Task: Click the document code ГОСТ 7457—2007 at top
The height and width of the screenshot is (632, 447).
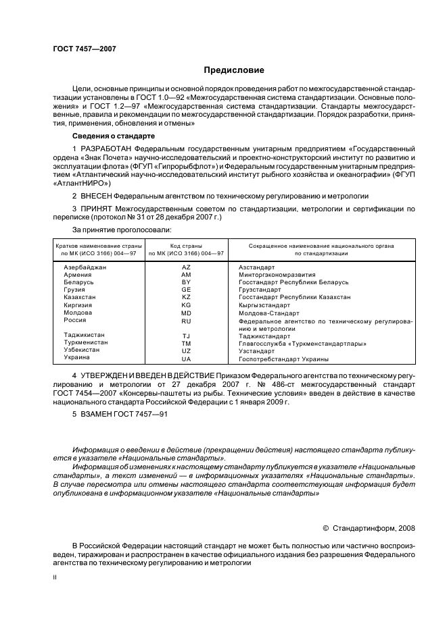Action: (x=78, y=47)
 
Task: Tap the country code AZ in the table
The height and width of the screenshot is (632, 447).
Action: (x=187, y=267)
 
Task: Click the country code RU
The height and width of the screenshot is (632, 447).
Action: (x=187, y=321)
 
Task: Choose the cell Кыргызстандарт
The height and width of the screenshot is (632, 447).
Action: (x=264, y=305)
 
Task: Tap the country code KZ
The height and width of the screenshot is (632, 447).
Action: (x=187, y=298)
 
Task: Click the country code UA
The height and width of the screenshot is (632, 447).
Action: (x=187, y=359)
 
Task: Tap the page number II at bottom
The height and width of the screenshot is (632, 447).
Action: (x=55, y=577)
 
